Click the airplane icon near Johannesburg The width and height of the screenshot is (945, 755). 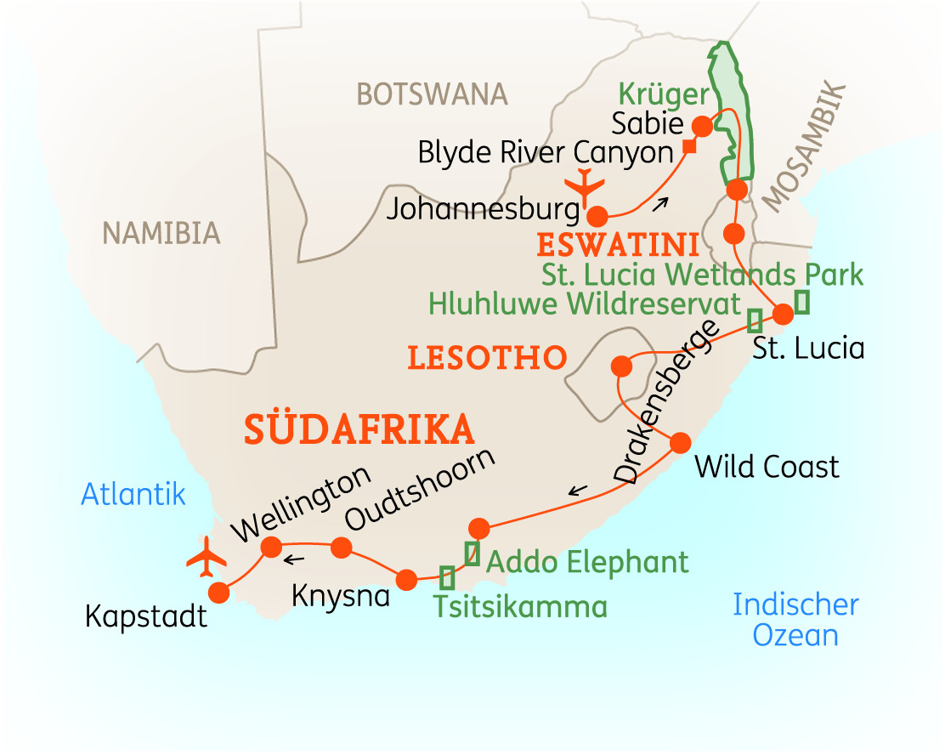[x=583, y=183]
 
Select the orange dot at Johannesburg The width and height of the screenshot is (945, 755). [x=598, y=216]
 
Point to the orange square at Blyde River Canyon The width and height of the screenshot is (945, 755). [x=690, y=147]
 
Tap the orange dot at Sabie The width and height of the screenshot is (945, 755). [x=703, y=126]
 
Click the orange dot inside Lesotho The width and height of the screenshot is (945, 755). [x=621, y=366]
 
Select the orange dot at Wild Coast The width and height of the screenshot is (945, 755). [x=681, y=443]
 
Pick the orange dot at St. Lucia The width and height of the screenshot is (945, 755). [x=783, y=314]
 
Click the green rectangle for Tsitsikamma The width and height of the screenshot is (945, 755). [x=447, y=577]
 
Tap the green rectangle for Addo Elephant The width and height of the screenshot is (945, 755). [x=472, y=553]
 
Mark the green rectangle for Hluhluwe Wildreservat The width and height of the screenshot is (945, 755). [x=754, y=321]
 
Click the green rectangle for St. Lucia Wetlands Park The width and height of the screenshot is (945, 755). [x=801, y=301]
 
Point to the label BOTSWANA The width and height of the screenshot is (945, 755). [x=432, y=94]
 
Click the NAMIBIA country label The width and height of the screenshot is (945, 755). [x=161, y=232]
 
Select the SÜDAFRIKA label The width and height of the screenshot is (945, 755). [x=359, y=429]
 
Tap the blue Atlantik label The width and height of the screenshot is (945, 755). [x=133, y=494]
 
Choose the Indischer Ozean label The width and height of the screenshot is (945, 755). [x=795, y=620]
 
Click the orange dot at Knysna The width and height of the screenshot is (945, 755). [x=406, y=580]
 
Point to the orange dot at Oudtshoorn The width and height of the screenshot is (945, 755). [x=341, y=547]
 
